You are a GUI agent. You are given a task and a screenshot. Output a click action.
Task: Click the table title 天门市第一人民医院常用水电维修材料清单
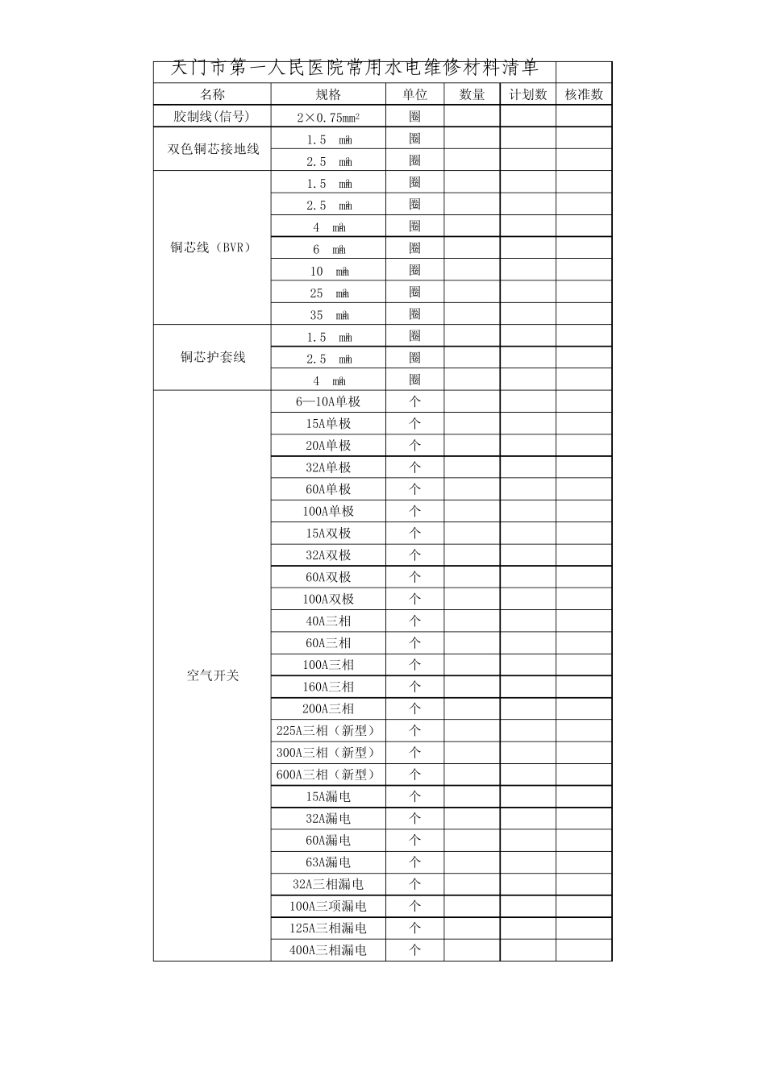[355, 69]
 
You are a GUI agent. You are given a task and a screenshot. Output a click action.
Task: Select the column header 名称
[212, 94]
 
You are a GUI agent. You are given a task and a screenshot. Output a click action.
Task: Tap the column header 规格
[328, 94]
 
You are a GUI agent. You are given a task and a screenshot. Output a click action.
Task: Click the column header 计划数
[527, 94]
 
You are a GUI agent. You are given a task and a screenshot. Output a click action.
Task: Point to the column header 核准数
[584, 94]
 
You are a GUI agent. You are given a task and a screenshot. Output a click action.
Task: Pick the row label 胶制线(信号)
[212, 116]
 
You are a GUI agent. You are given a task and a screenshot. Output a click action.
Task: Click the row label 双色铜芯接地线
[213, 149]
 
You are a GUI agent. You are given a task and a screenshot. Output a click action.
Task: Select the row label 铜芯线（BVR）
[212, 247]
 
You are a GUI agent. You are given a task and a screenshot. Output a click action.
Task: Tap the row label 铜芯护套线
[213, 357]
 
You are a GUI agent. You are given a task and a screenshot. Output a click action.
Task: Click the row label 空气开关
[213, 675]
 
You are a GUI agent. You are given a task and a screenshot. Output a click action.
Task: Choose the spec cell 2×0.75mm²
[328, 117]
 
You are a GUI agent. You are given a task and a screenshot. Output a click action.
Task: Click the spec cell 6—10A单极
[328, 401]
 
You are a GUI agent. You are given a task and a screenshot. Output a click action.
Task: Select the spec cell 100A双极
[328, 599]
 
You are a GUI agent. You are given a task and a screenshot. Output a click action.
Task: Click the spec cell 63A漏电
[328, 862]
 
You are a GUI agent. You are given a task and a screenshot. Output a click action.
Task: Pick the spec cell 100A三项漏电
[328, 906]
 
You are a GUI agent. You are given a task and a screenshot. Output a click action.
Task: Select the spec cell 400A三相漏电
[328, 950]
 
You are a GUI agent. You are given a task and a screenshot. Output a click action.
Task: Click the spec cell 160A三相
[328, 687]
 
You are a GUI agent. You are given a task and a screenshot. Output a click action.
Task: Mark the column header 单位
[414, 94]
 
